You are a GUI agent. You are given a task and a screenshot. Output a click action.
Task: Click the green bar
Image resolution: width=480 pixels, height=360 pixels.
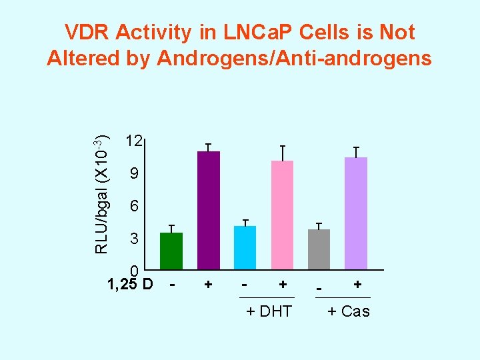pos(171,251)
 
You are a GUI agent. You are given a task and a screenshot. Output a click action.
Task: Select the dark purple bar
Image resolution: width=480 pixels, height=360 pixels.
pos(209,210)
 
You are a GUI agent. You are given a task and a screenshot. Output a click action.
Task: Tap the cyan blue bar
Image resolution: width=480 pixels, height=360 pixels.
pos(245,247)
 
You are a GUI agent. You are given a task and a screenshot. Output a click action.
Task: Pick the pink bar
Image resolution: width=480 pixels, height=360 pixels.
pos(282,215)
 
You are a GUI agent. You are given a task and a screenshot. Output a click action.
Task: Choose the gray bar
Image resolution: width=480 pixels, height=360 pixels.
pos(319,249)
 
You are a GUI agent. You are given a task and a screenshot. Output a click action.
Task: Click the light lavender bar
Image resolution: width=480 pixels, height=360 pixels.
pos(356,213)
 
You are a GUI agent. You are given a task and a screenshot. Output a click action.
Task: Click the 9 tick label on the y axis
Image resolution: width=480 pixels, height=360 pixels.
pos(134,175)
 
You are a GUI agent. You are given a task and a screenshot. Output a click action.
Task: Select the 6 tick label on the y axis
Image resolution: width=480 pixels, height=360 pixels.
pos(134,207)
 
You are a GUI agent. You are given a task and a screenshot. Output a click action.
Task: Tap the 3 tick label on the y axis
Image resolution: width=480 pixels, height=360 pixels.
pos(134,239)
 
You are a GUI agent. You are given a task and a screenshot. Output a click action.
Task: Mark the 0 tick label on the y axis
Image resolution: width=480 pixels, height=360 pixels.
pos(134,271)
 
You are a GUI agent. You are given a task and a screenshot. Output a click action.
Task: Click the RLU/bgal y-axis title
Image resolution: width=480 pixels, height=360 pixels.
pos(102,194)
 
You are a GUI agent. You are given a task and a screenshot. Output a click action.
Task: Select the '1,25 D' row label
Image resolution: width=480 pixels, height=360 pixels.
pos(130,284)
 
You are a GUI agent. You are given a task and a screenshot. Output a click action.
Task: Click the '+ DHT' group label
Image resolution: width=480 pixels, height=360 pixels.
pos(269,311)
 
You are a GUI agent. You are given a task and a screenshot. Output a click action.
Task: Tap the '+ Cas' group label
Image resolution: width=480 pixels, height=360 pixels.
pos(349,311)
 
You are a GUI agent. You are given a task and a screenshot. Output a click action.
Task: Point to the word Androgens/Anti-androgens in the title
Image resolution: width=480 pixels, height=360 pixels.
pos(294,59)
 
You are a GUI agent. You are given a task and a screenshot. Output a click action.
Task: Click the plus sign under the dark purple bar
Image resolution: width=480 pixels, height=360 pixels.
pos(209,285)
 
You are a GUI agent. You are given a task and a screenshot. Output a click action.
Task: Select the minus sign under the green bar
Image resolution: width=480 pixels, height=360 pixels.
pos(173,285)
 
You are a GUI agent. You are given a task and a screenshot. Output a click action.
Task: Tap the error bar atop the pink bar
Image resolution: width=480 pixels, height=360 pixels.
pos(283,153)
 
